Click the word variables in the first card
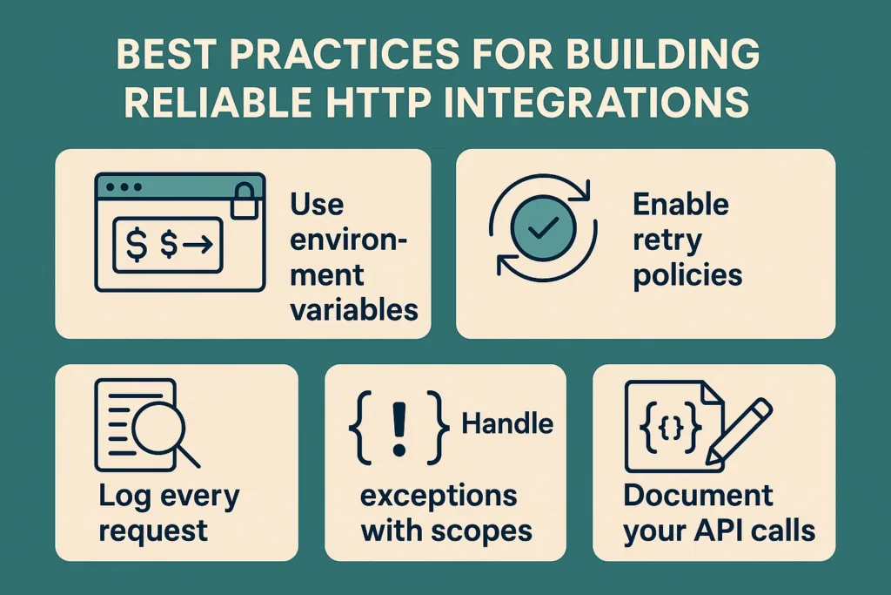(353, 310)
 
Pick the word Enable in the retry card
(680, 205)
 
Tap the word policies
(687, 275)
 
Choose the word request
(152, 530)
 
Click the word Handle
(506, 423)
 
